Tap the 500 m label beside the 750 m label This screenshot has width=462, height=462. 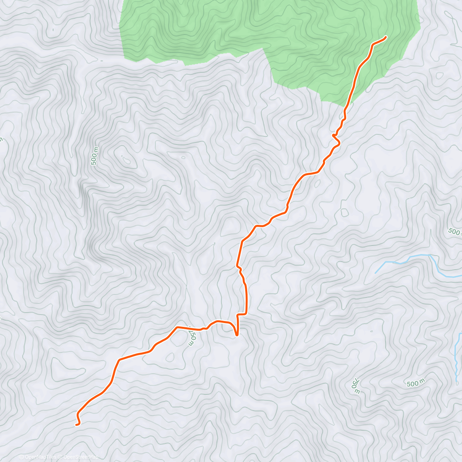(x=416, y=383)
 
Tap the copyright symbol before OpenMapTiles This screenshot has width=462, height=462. (x=22, y=457)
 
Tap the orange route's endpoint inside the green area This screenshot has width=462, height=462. (x=385, y=37)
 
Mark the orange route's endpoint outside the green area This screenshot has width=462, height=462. (x=76, y=424)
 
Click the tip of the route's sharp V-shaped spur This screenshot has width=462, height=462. (x=237, y=335)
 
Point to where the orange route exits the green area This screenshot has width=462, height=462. (x=348, y=104)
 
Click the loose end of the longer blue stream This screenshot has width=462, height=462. (x=376, y=273)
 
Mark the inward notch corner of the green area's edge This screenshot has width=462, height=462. (x=264, y=49)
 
